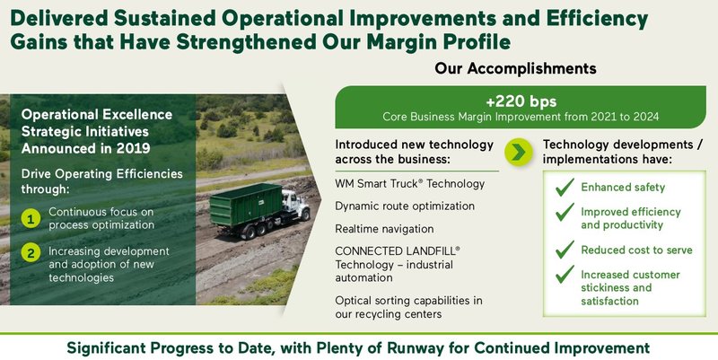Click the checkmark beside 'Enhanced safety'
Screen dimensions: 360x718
565,188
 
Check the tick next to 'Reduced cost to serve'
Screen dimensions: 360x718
565,250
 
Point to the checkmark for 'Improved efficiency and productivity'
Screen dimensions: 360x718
565,213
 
